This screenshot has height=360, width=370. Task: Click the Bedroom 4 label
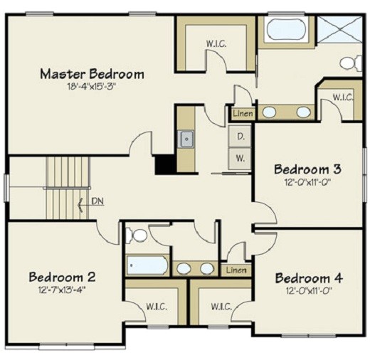[309, 277]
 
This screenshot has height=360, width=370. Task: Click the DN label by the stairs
[97, 201]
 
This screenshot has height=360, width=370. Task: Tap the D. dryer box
[240, 136]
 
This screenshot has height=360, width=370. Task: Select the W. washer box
[240, 159]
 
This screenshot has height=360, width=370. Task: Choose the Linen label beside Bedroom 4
[236, 270]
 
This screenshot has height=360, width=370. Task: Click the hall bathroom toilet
[139, 234]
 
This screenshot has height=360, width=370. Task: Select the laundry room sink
[186, 139]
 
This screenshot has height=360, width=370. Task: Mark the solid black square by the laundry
[165, 164]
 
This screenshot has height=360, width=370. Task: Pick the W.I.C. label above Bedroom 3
[342, 96]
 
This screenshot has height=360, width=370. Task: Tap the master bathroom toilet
[349, 63]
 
